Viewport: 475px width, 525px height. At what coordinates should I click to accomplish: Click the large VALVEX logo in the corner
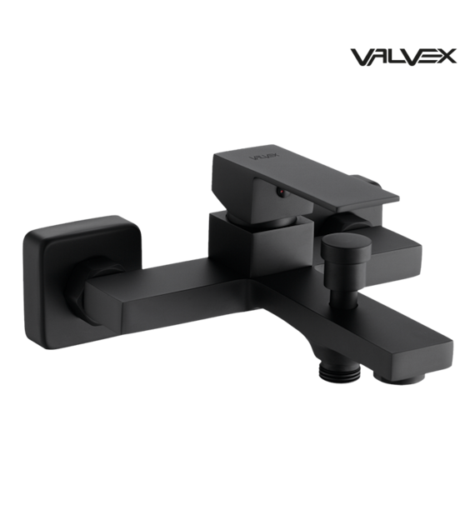pos(403,57)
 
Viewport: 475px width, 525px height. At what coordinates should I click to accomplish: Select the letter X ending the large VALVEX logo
pos(446,57)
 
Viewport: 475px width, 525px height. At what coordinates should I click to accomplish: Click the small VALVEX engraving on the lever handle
pos(260,157)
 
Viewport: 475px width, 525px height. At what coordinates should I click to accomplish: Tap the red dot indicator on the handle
pos(282,192)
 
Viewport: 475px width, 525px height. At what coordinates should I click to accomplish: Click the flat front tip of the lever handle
pos(369,204)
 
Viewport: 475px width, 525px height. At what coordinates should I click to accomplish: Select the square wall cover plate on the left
pos(82,282)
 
